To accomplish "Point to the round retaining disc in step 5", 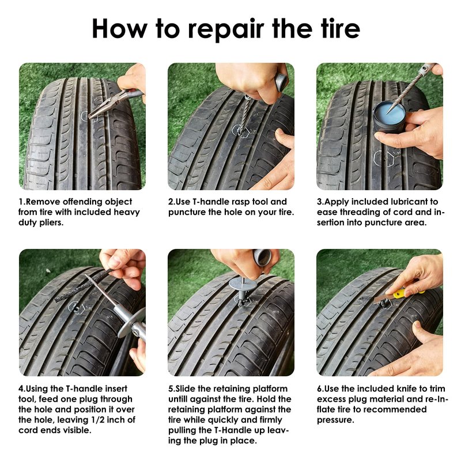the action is click(241, 284).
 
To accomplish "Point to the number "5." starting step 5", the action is click(172, 388).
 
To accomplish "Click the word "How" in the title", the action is click(120, 28).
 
